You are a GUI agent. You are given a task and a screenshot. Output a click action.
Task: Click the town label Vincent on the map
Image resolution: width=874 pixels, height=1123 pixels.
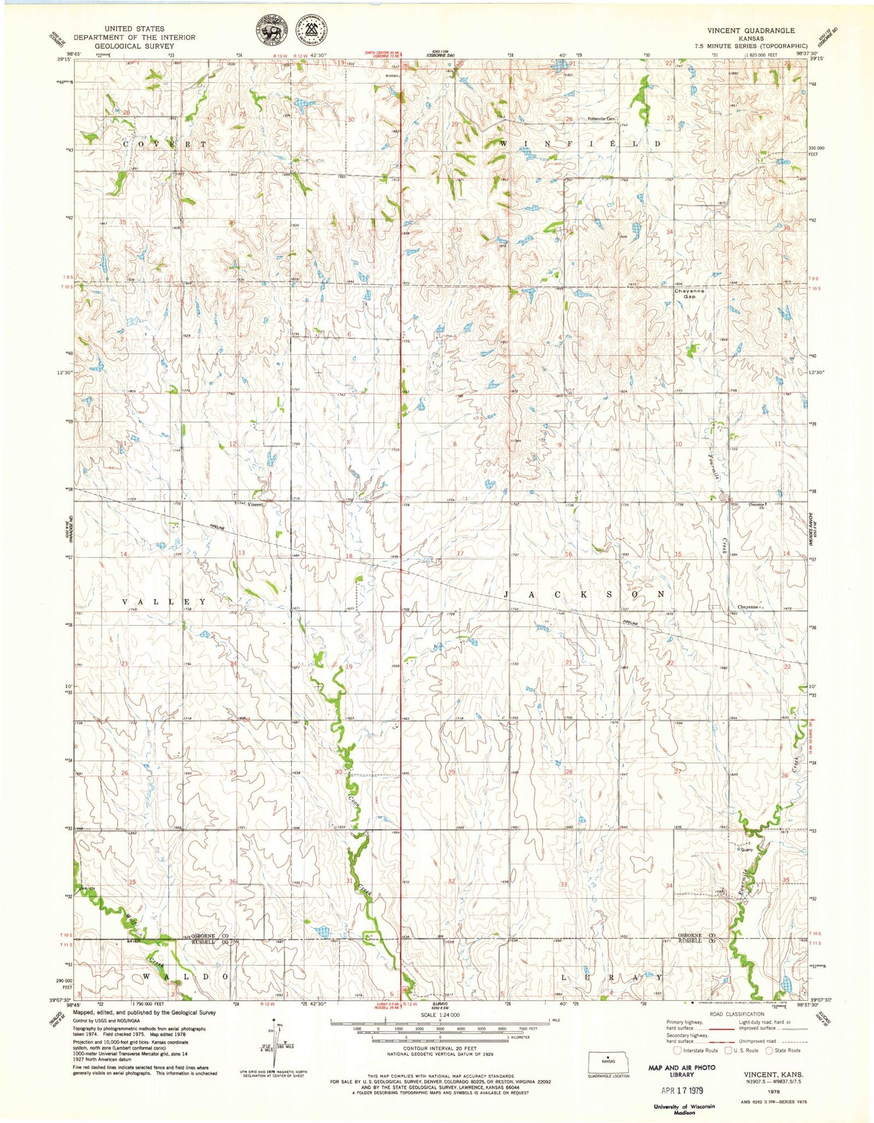[x=255, y=504]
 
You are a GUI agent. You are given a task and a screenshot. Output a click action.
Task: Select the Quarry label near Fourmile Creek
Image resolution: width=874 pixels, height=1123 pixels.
[x=746, y=850]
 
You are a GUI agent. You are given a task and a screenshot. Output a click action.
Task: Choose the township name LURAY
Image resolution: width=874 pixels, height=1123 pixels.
[x=612, y=977]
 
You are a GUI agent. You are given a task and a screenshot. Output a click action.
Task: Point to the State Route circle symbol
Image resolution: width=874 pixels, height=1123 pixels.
[x=769, y=1050]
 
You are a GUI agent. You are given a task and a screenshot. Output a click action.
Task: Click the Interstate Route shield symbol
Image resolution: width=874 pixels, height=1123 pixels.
[x=677, y=1050]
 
